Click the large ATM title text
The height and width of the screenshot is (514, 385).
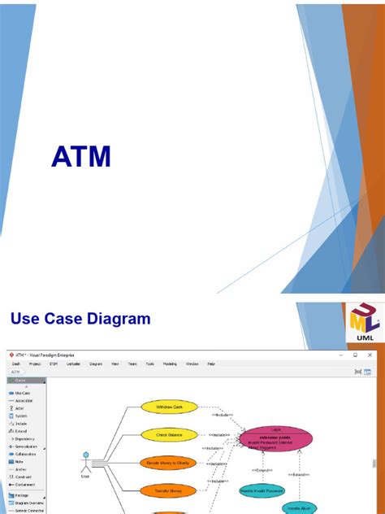pyautogui.click(x=81, y=156)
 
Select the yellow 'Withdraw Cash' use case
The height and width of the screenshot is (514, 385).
pyautogui.click(x=170, y=407)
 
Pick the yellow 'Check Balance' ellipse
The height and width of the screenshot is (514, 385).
pyautogui.click(x=170, y=435)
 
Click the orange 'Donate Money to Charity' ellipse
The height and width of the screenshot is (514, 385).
pyautogui.click(x=170, y=462)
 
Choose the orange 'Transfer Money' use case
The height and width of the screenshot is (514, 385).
pyautogui.click(x=170, y=490)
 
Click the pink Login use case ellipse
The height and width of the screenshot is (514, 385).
pyautogui.click(x=275, y=439)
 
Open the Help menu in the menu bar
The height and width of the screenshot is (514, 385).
pyautogui.click(x=210, y=364)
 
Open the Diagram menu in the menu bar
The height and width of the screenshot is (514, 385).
pyautogui.click(x=96, y=364)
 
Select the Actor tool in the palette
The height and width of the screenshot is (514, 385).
pyautogui.click(x=21, y=409)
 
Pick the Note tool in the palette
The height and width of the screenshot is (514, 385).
pyautogui.click(x=20, y=461)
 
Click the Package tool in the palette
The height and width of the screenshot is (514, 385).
pyautogui.click(x=24, y=495)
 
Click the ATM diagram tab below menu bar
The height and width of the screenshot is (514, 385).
pyautogui.click(x=15, y=371)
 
